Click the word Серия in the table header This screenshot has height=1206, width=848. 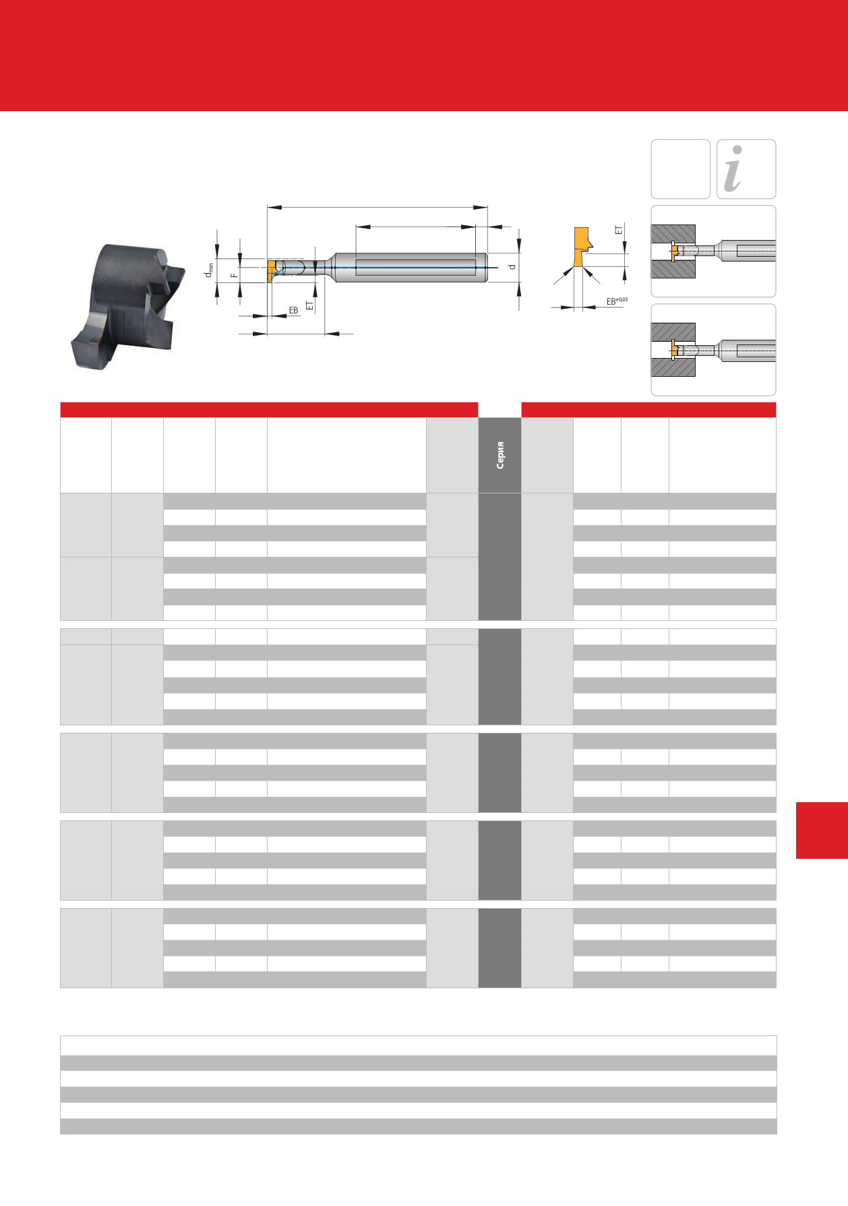point(500,455)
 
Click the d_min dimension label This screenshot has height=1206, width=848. point(210,270)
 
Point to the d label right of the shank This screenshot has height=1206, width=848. point(512,266)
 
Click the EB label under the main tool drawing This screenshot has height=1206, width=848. point(293,310)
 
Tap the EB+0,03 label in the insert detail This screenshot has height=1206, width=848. point(617,301)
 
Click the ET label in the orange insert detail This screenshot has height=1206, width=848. point(619,230)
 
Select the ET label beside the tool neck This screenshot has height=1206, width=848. point(309,305)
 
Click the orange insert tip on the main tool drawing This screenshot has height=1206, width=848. point(271,270)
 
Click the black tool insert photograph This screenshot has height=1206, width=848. point(127,305)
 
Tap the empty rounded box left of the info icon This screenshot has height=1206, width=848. point(680,169)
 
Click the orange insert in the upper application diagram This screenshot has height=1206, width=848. point(674,251)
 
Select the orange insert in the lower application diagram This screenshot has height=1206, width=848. point(674,351)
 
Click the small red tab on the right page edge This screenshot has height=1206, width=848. point(822,830)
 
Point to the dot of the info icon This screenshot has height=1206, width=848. point(737,150)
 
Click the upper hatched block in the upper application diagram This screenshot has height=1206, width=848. point(673,233)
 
